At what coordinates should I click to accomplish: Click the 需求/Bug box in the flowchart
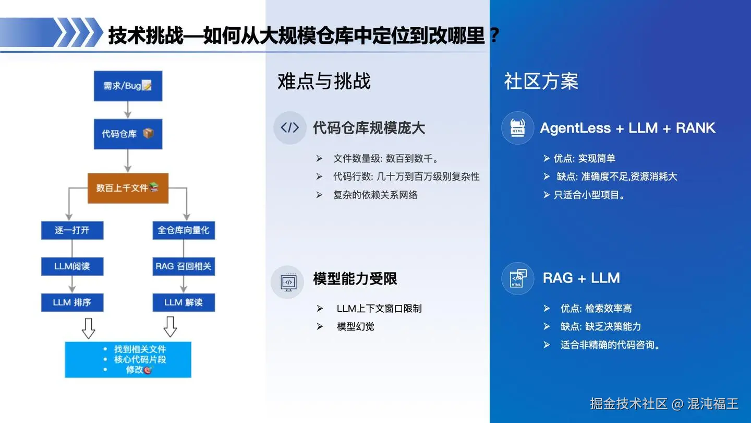[128, 86]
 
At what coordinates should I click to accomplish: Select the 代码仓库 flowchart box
[128, 134]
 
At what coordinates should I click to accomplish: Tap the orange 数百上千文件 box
[128, 188]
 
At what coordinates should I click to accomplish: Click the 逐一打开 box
[72, 230]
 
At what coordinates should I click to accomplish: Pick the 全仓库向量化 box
[184, 230]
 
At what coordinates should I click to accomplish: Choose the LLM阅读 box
[72, 266]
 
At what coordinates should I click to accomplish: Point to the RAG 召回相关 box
[184, 266]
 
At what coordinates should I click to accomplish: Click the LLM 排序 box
[72, 302]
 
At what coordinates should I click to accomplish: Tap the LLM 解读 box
[184, 302]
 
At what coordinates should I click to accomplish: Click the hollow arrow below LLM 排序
[89, 328]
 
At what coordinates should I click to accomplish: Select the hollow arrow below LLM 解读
[171, 327]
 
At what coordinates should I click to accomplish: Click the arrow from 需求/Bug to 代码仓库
[128, 110]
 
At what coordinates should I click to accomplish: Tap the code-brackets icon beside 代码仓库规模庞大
[289, 127]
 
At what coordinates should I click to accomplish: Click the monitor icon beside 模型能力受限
[288, 283]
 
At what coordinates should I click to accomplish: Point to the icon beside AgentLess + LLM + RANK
[517, 128]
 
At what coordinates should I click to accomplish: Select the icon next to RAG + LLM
[518, 278]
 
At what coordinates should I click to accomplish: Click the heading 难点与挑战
[324, 81]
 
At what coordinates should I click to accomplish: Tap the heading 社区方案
[541, 81]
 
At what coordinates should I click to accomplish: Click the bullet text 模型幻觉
[355, 327]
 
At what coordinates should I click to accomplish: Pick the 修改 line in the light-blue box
[139, 370]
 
